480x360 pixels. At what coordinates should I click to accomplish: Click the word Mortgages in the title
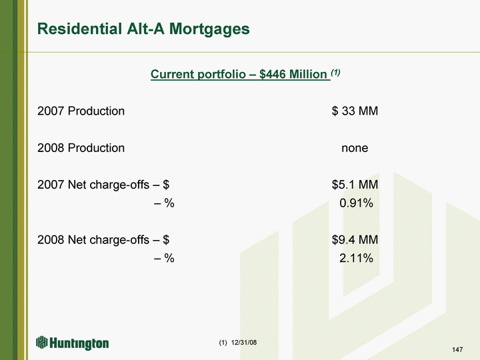click(209, 30)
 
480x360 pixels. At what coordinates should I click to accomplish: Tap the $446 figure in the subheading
click(273, 74)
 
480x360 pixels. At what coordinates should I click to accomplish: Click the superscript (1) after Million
click(335, 72)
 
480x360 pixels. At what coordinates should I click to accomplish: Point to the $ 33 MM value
click(355, 111)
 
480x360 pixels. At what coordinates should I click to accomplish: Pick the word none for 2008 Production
click(355, 148)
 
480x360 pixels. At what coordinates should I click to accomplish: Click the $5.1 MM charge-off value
click(355, 185)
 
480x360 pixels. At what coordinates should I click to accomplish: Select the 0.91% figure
click(356, 203)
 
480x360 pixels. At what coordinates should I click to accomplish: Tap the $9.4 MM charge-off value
click(355, 240)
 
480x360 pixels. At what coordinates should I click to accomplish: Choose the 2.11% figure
click(356, 258)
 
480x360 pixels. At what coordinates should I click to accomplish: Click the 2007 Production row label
click(81, 111)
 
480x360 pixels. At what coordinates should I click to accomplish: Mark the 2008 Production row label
click(81, 148)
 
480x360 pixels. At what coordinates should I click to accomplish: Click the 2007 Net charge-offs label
click(93, 185)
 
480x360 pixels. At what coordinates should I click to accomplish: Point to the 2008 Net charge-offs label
click(93, 240)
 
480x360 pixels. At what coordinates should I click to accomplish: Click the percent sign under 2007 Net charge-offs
click(169, 203)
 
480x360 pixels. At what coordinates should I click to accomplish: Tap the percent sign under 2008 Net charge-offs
click(169, 258)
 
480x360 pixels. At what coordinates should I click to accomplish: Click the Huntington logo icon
click(41, 342)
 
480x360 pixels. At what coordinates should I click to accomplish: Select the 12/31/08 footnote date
click(244, 342)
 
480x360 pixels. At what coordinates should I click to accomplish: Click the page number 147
click(457, 349)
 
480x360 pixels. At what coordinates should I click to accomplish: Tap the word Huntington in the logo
click(79, 343)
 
